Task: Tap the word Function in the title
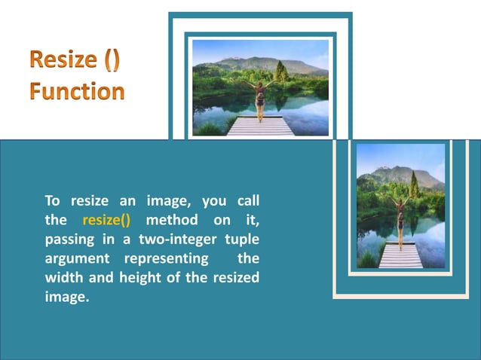pyautogui.click(x=77, y=92)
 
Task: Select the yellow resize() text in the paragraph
pyautogui.click(x=106, y=221)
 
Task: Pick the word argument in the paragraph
pyautogui.click(x=75, y=258)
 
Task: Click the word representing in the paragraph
pyautogui.click(x=167, y=258)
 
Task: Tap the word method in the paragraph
pyautogui.click(x=171, y=221)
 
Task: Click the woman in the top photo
pyautogui.click(x=260, y=98)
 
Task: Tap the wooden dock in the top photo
pyautogui.click(x=260, y=127)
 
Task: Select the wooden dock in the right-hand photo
pyautogui.click(x=400, y=256)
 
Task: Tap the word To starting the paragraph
pyautogui.click(x=52, y=201)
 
